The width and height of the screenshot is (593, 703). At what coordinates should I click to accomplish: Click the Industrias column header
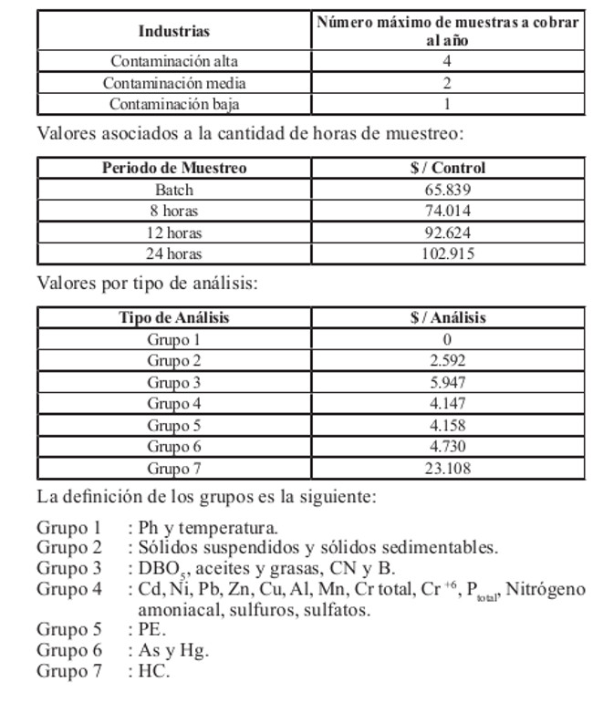(173, 31)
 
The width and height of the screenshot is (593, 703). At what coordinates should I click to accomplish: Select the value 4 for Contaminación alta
(447, 62)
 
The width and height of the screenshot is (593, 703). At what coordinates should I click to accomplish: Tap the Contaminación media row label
(173, 83)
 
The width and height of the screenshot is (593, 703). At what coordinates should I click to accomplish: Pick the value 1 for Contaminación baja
(447, 104)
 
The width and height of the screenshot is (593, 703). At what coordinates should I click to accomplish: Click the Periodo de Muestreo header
(173, 169)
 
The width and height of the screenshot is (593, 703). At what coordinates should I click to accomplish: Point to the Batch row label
(173, 191)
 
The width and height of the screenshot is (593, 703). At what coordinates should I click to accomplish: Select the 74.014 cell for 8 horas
(447, 212)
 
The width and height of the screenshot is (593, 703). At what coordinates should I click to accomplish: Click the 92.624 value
(447, 233)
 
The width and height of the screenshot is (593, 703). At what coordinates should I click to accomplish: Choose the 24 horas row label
(173, 254)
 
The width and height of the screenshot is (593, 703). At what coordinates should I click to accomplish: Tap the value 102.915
(447, 254)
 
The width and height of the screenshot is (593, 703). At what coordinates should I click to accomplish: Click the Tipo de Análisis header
(173, 318)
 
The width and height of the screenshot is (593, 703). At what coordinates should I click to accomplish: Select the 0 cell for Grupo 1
(447, 340)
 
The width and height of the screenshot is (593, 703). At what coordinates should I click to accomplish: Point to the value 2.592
(447, 361)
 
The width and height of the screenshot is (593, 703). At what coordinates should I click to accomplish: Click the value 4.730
(447, 447)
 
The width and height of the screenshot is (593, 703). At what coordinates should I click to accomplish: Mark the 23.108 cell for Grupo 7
(447, 469)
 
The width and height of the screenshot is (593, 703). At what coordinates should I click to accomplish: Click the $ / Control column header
(447, 169)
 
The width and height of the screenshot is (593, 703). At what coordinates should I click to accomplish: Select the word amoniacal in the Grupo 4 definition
(174, 610)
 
